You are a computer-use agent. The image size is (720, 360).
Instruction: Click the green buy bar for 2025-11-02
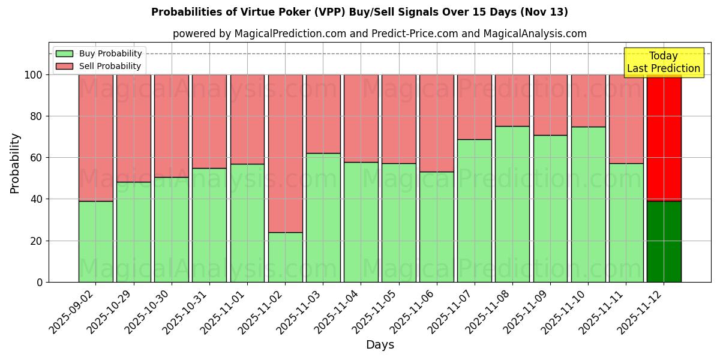tap(285, 257)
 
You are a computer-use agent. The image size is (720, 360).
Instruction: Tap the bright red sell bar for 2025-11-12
tap(664, 137)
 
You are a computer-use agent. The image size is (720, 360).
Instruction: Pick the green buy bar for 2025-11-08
tap(512, 204)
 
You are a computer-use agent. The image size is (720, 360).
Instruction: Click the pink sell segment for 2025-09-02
tap(96, 137)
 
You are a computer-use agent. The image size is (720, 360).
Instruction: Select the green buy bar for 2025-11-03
tap(323, 217)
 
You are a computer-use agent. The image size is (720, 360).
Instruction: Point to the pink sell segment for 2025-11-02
tap(285, 153)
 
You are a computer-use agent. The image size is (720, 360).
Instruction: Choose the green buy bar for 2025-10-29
tap(134, 232)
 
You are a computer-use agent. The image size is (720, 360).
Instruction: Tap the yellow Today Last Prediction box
tap(664, 62)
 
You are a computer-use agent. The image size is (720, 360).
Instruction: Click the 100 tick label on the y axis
tap(32, 75)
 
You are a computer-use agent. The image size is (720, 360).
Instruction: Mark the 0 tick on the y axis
tap(40, 282)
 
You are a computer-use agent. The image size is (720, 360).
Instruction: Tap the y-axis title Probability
tap(15, 163)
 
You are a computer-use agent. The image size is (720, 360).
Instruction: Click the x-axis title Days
tap(380, 345)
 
